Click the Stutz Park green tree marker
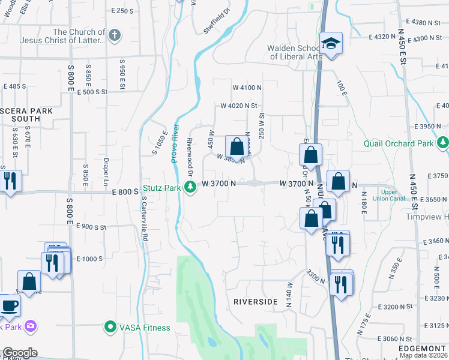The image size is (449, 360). tap(191, 188)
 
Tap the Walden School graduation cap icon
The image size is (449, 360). tap(330, 43)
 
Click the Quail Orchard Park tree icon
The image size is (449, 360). tap(442, 143)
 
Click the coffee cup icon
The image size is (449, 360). tap(9, 305)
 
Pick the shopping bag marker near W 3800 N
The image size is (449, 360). tap(237, 146)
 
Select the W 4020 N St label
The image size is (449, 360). tap(239, 106)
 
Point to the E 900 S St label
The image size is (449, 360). tap(91, 227)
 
